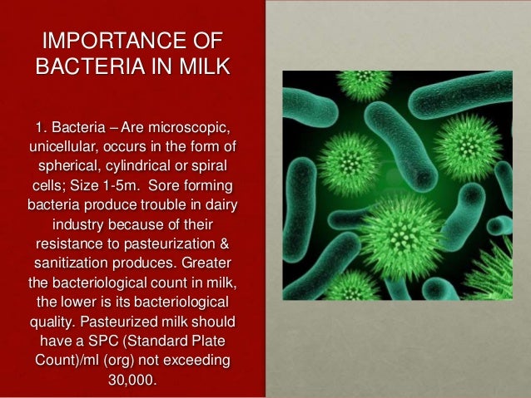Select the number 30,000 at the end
[x=132, y=381]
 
